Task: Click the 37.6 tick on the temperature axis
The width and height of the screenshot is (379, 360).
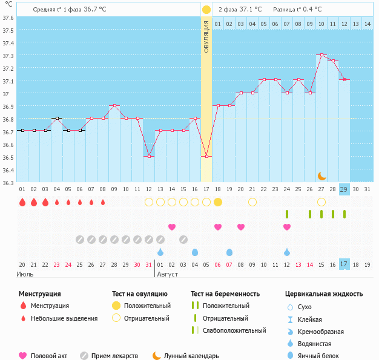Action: (x=8, y=18)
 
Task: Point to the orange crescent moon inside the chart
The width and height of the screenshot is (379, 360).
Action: (x=321, y=175)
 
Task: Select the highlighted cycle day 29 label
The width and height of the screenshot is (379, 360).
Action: (x=344, y=189)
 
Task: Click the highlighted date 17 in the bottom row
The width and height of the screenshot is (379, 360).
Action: (x=344, y=264)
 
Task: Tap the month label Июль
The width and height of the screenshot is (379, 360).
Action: (x=25, y=274)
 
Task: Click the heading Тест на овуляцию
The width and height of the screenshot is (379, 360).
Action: (x=142, y=294)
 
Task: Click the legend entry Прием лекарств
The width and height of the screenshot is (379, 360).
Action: (x=114, y=356)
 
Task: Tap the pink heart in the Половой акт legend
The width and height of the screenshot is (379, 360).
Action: (x=23, y=356)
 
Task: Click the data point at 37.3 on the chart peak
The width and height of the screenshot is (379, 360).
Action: (x=321, y=55)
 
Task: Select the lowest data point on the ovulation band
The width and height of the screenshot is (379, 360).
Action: (x=206, y=156)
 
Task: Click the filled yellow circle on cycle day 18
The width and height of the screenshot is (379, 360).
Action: (x=218, y=201)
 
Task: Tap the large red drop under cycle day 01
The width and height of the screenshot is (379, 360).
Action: (x=22, y=202)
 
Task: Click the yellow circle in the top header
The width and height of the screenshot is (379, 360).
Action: (x=206, y=10)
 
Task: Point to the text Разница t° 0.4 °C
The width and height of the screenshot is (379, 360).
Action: (x=297, y=10)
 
